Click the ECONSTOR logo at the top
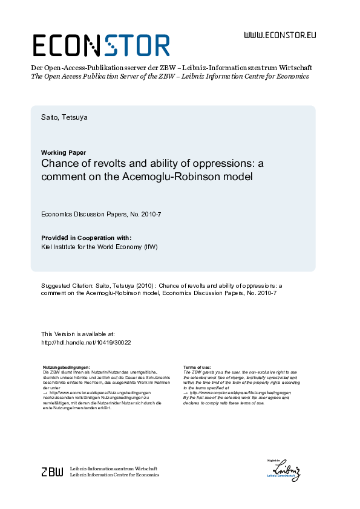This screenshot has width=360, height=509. (100, 45)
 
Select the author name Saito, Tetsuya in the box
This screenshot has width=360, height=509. (64, 117)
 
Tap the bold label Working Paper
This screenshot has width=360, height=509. (64, 152)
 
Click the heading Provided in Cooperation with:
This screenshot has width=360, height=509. (86, 238)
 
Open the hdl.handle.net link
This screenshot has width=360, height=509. (86, 342)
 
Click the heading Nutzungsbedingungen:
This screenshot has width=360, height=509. (67, 367)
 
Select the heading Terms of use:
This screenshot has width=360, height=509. (197, 367)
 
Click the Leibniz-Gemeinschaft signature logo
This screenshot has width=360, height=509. (286, 470)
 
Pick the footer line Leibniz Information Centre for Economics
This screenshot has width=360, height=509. (114, 475)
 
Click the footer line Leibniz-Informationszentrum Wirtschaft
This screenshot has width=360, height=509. (114, 468)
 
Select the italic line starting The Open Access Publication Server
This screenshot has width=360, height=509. (169, 77)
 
